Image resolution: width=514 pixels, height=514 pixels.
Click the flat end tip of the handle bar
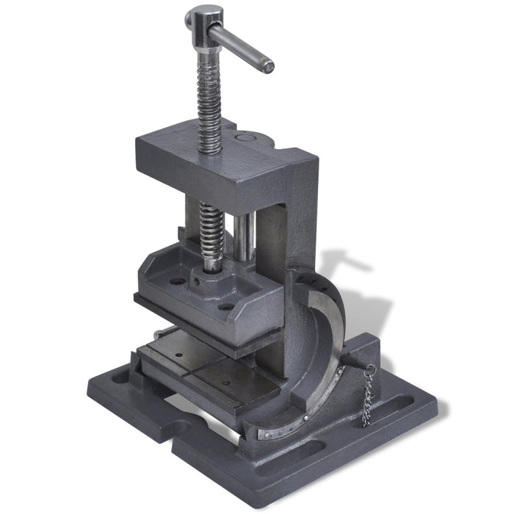[268, 66]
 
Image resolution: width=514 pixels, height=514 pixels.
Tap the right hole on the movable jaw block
[227, 306]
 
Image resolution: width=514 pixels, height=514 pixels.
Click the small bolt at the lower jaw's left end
[156, 337]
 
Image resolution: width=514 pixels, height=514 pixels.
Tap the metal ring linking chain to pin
[370, 369]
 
